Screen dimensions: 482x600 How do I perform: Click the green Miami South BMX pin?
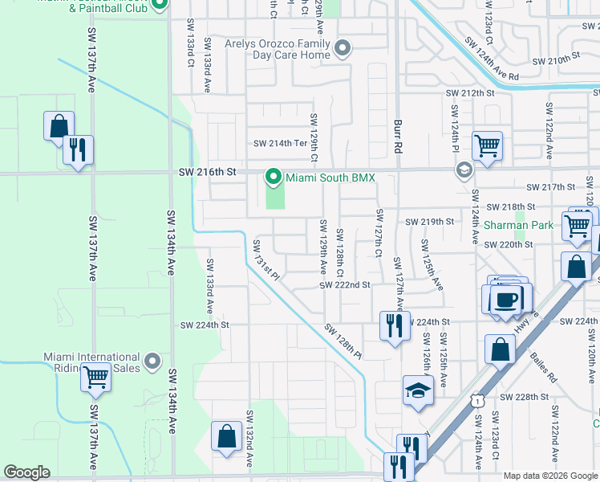[274, 176]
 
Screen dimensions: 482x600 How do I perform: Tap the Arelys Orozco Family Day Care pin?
[343, 49]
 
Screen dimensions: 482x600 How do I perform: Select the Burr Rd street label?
[397, 137]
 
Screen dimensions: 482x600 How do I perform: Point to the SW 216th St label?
[209, 173]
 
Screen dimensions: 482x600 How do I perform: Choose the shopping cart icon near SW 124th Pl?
[487, 146]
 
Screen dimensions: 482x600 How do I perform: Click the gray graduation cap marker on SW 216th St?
[464, 170]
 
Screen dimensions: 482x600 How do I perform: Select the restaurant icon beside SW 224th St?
[394, 325]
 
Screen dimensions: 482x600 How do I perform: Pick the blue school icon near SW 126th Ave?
[417, 391]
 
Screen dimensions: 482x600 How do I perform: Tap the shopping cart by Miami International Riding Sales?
[96, 375]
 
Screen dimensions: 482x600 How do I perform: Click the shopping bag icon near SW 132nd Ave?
[227, 437]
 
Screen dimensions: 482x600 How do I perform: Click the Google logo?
[26, 472]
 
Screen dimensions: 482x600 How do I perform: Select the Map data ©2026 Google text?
[549, 476]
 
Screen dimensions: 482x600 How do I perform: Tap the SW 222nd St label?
[344, 285]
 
